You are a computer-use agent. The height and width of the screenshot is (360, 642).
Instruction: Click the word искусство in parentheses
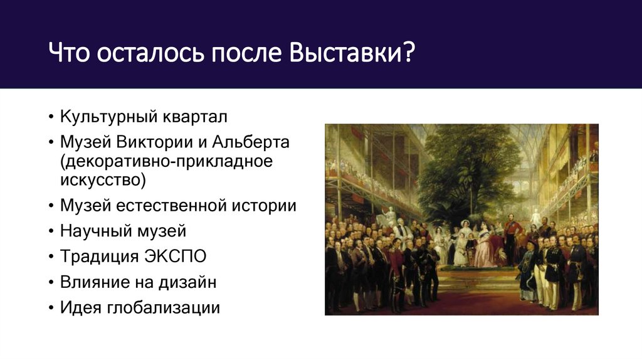coord(103,181)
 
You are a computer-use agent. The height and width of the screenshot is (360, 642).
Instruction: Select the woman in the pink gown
coord(485,248)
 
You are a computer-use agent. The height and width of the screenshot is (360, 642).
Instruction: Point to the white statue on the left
coord(390,216)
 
